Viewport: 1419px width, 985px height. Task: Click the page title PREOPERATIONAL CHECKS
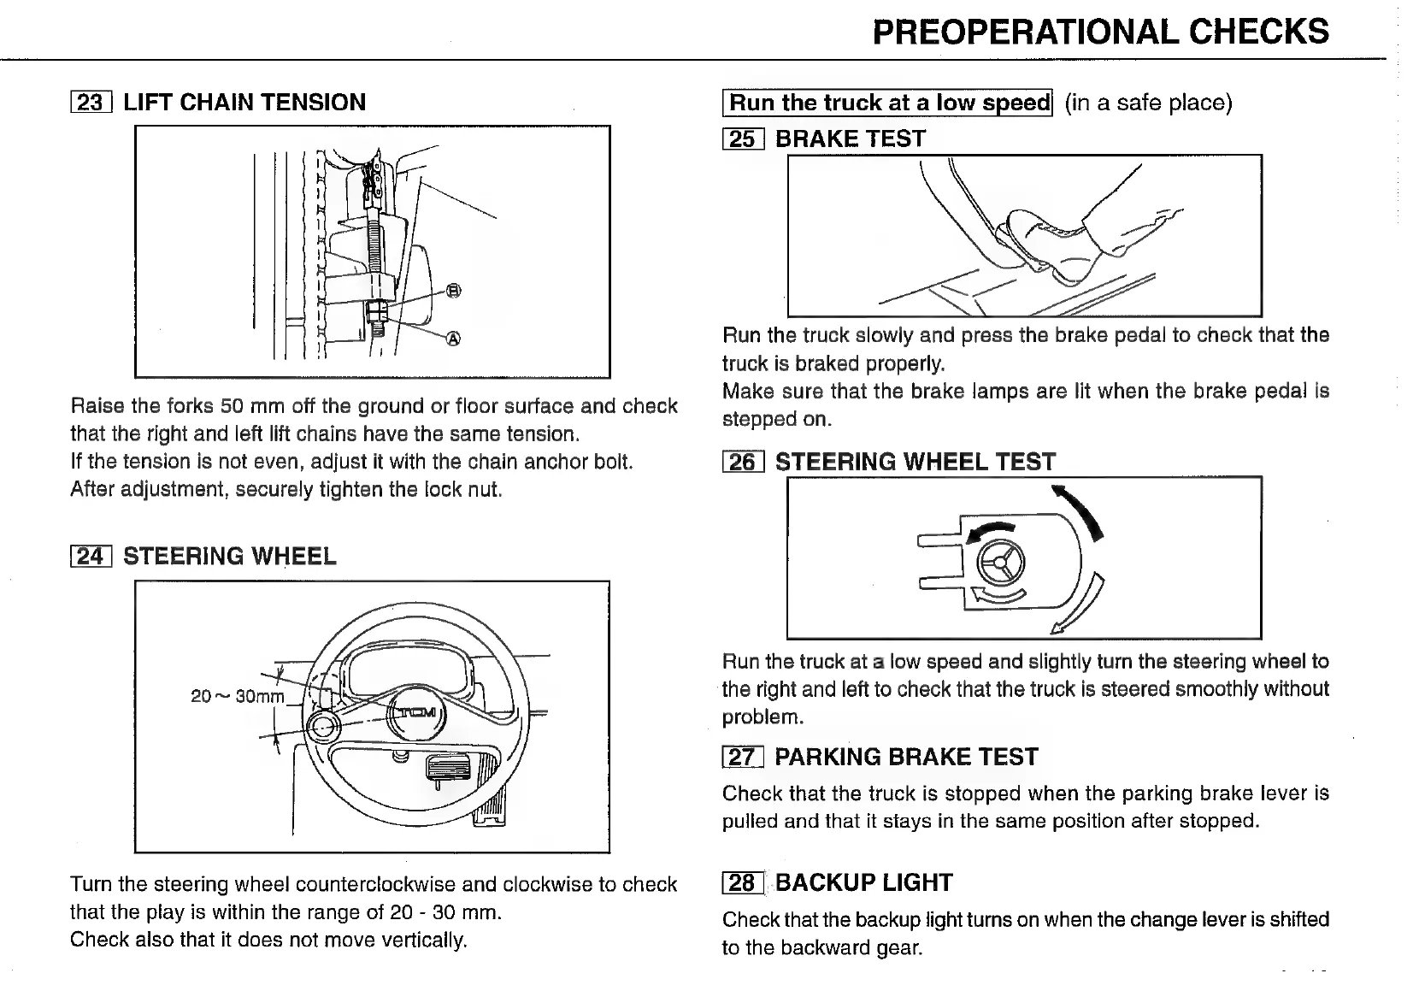(1100, 32)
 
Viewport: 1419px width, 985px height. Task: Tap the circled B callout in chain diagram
(454, 291)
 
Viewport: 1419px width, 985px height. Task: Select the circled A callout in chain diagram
(454, 339)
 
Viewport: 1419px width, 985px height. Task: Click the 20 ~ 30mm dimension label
(237, 696)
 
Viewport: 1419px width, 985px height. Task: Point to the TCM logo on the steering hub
(418, 712)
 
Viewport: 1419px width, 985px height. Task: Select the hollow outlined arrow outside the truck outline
(1078, 607)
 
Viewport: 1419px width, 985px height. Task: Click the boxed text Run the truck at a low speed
(888, 103)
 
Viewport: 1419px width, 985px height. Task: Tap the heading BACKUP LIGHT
(863, 882)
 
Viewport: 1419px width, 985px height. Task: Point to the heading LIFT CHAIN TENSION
(244, 103)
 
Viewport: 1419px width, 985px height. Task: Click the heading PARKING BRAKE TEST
(906, 757)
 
